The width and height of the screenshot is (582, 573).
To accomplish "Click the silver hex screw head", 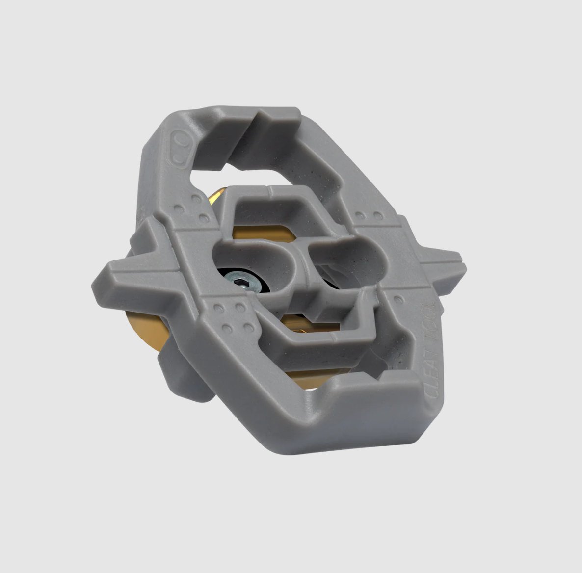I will coord(242,282).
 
